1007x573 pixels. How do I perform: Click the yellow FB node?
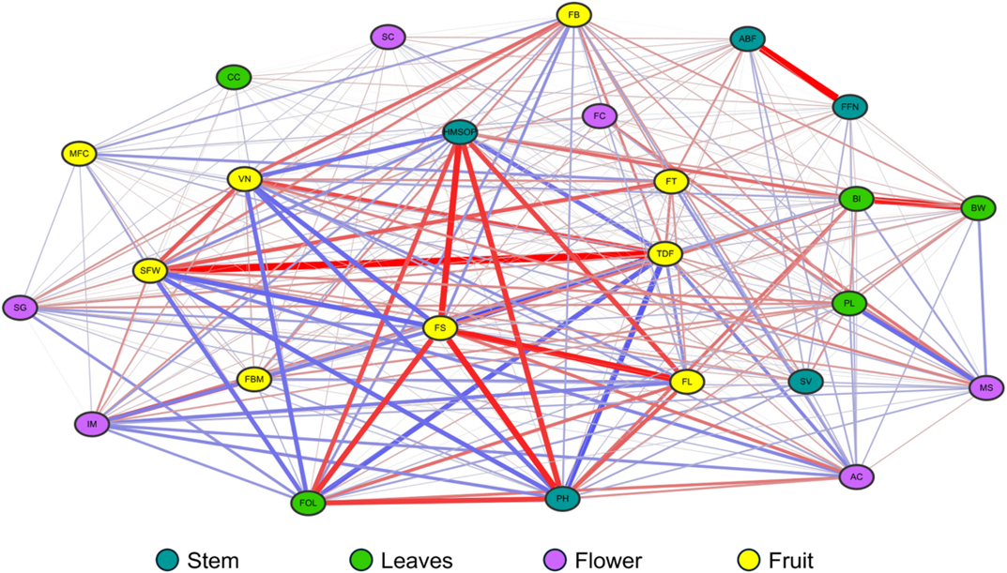click(572, 15)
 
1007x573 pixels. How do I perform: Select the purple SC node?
click(388, 38)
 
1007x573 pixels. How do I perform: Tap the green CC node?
click(234, 78)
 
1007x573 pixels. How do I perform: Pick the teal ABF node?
click(748, 39)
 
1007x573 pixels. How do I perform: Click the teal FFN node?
click(849, 108)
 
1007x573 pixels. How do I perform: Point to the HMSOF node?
click(461, 133)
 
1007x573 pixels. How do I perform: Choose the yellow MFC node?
click(80, 154)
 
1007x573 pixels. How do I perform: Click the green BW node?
click(978, 207)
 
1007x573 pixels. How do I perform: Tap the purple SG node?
click(21, 307)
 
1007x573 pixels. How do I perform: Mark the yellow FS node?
click(440, 328)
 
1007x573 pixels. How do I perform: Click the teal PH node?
click(562, 499)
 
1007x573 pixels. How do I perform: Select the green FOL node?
click(309, 503)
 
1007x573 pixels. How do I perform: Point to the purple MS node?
click(985, 386)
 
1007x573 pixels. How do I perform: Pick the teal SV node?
click(804, 382)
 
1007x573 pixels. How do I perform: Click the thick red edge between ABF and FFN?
click(799, 73)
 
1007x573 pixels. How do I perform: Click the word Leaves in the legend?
click(417, 561)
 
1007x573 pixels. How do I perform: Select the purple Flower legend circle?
click(557, 560)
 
